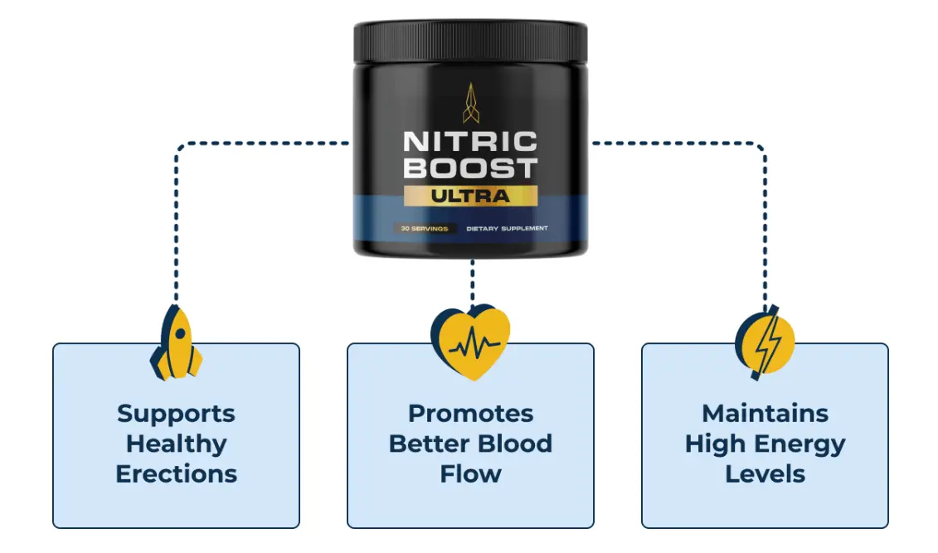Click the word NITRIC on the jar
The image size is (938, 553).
470,141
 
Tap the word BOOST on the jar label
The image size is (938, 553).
470,168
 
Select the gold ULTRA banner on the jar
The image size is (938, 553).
470,196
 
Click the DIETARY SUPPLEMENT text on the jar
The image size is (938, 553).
506,228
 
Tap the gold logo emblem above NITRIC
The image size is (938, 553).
470,101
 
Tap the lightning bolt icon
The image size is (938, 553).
765,342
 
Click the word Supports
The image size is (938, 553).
176,413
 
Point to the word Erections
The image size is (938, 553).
176,473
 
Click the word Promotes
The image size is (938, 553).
470,413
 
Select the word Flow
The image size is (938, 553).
470,473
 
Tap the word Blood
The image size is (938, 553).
518,444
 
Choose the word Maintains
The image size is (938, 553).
765,413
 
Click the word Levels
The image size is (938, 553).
765,473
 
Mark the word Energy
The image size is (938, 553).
799,444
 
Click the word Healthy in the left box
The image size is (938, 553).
176,444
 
